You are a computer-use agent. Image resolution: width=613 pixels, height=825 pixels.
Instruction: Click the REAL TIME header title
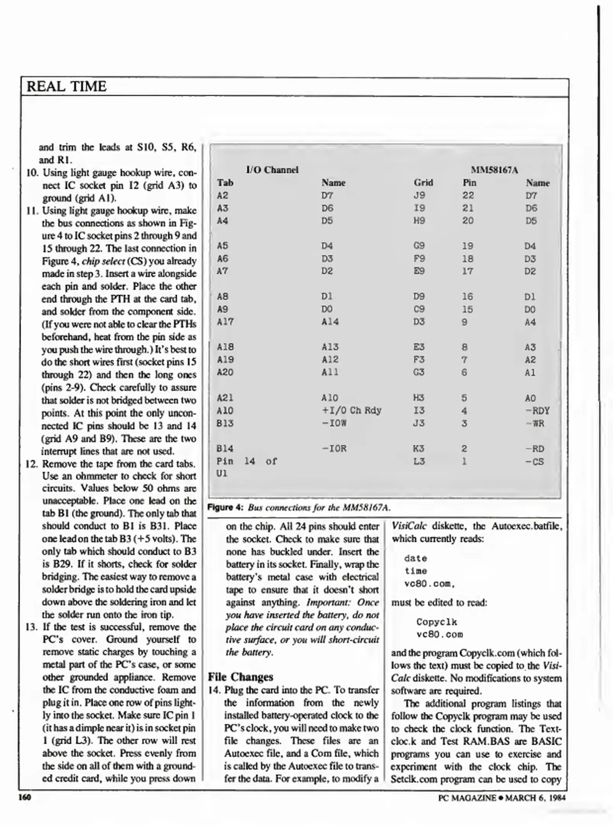pos(66,86)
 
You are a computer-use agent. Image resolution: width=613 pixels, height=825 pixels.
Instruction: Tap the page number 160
pos(25,797)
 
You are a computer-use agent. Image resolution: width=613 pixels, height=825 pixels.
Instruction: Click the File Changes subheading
pos(240,677)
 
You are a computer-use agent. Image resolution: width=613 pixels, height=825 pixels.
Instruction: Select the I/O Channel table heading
pos(272,170)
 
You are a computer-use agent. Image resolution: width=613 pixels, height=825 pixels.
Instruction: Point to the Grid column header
pos(423,183)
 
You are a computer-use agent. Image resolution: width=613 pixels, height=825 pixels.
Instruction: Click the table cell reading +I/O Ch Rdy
pos(351,411)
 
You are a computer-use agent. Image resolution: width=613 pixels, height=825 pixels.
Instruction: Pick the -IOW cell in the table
pos(334,423)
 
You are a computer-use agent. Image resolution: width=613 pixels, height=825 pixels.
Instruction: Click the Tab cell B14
pos(225,448)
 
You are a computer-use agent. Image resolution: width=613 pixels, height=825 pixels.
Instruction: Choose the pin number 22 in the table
pos(468,196)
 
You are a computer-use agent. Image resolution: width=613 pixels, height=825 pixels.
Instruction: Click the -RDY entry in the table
pos(537,411)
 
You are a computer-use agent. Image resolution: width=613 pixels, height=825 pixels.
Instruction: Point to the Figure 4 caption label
pos(225,508)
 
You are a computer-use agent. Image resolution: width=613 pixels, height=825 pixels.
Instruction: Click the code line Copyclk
pos(437,622)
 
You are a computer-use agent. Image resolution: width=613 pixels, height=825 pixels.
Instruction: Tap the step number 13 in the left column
pos(32,627)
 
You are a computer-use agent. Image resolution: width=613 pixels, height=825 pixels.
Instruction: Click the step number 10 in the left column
pos(32,173)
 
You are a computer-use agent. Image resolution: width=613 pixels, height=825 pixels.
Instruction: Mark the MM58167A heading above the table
pos(494,170)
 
